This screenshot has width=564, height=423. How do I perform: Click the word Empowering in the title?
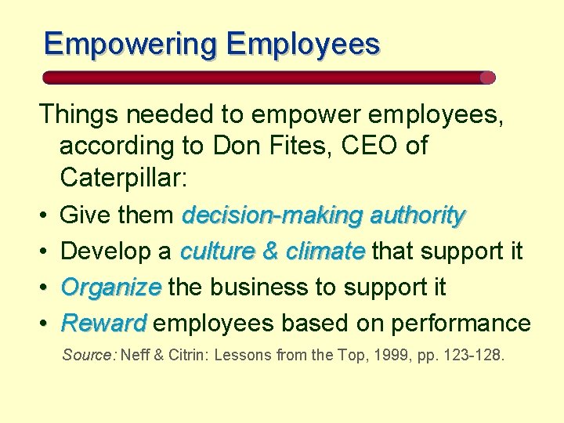point(130,43)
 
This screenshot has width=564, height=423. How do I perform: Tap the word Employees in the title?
point(303,43)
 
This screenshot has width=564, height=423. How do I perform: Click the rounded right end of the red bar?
point(487,78)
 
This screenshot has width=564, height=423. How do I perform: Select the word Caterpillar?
point(122,179)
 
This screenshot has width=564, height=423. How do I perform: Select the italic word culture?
point(216,251)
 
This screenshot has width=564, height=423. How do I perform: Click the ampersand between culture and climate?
point(270,251)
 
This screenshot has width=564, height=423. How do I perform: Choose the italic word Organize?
point(111,287)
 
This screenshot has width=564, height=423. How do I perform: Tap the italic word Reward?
point(103,323)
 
